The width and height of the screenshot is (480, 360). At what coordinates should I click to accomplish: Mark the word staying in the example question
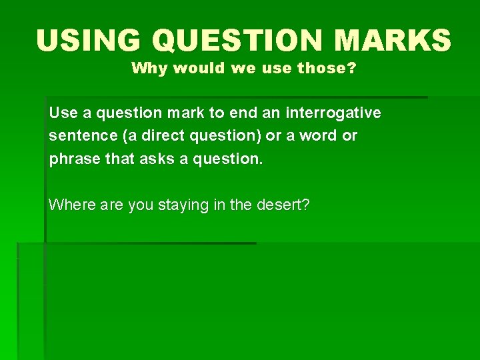coord(183,205)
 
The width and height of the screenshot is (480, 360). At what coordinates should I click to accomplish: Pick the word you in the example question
coord(140,205)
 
